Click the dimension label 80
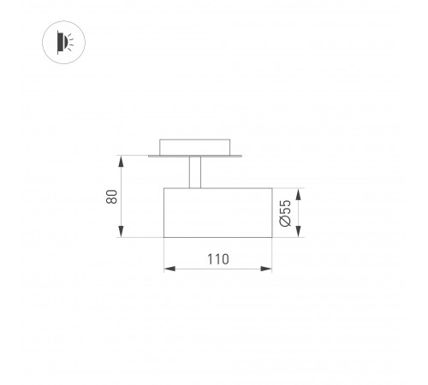click(111, 197)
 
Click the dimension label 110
click(218, 259)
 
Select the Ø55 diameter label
click(285, 213)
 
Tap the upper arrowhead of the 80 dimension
click(122, 162)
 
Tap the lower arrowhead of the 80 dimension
click(122, 231)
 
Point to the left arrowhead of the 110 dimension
click(169, 269)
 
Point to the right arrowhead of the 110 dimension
click(266, 269)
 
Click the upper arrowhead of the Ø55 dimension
click(299, 194)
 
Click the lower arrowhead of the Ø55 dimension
click(299, 231)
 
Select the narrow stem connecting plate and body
click(195, 172)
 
